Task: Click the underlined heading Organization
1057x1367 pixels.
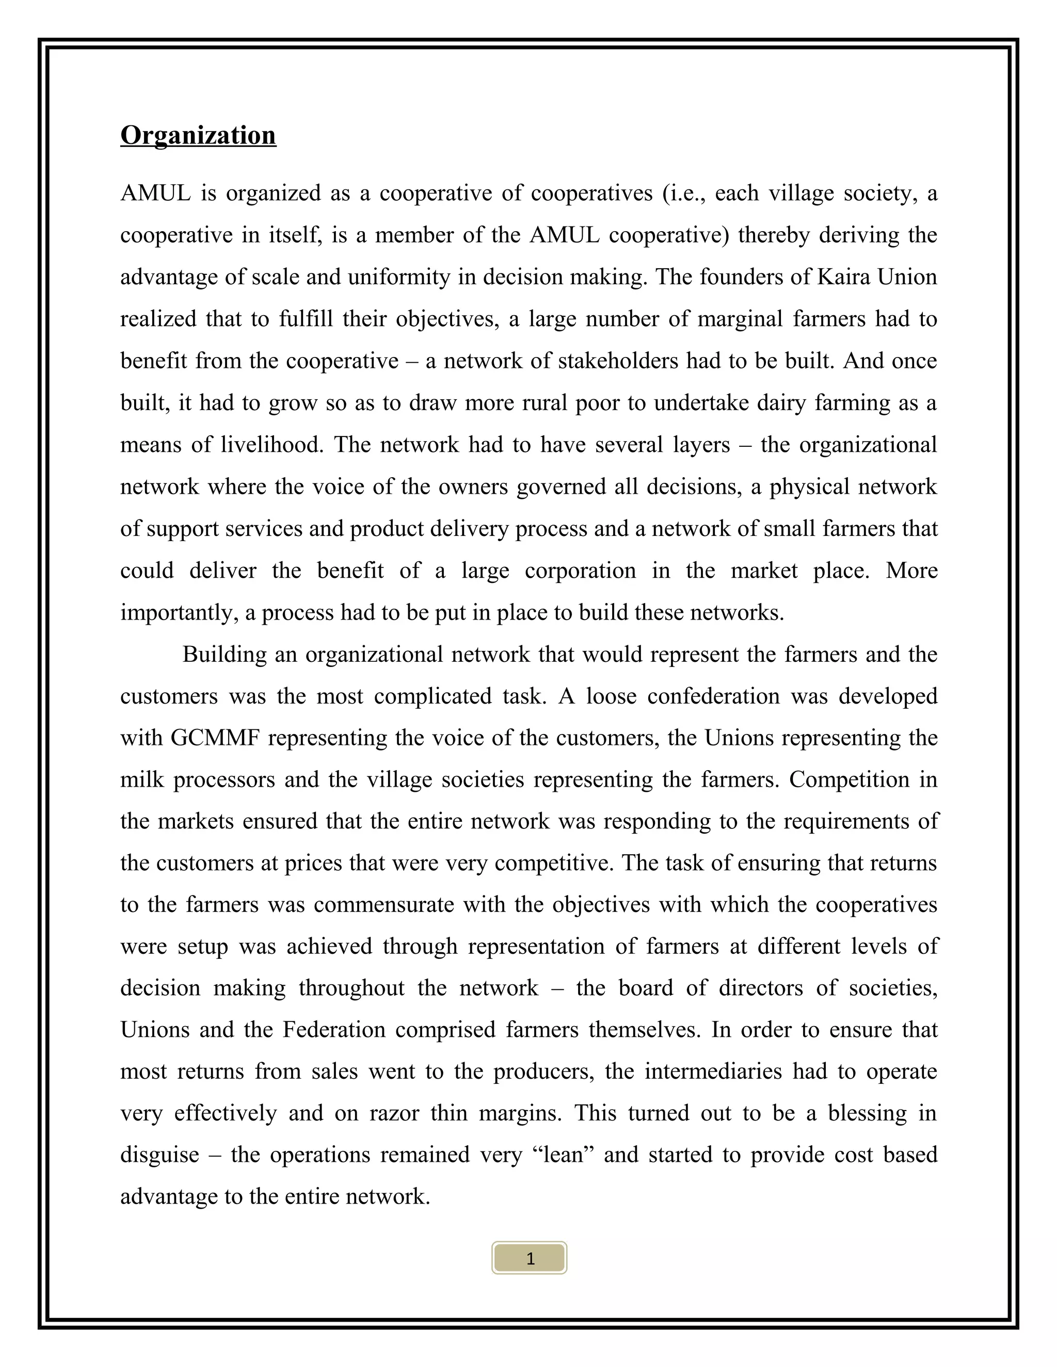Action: click(x=198, y=135)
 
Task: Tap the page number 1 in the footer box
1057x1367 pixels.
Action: click(x=530, y=1259)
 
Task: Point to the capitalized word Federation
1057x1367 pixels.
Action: click(x=334, y=1030)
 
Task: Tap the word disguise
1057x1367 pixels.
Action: click(x=159, y=1155)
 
